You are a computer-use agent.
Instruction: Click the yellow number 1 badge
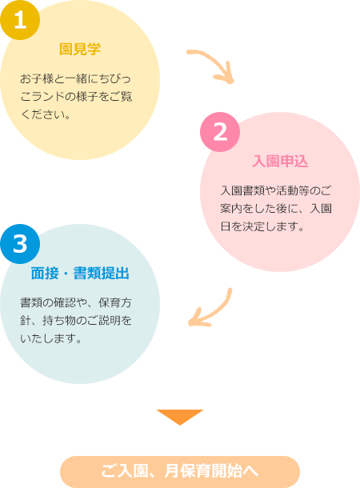click(x=20, y=20)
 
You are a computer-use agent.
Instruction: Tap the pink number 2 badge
click(x=220, y=132)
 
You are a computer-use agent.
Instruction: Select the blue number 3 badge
click(x=20, y=244)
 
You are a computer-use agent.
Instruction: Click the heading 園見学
click(x=80, y=49)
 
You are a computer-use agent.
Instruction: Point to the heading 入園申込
click(x=280, y=162)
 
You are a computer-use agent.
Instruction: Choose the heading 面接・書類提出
click(x=80, y=274)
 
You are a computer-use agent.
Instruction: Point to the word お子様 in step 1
click(x=37, y=78)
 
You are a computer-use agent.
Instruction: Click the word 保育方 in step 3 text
click(x=115, y=302)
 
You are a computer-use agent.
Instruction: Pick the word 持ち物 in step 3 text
click(x=59, y=320)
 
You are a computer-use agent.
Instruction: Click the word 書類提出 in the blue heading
click(x=101, y=274)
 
